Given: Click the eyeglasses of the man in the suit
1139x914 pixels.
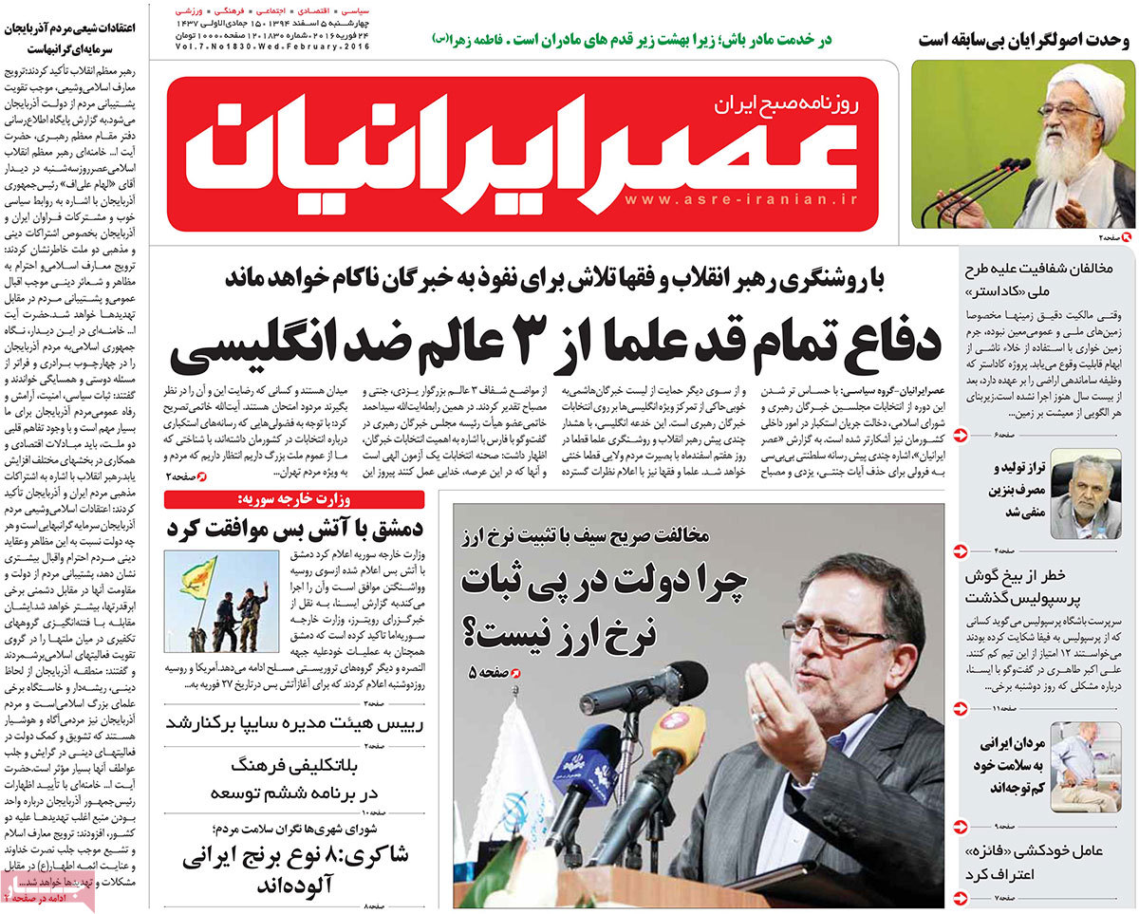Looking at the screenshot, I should (831, 631).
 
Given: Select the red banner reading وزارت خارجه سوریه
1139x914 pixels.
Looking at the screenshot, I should (294, 500).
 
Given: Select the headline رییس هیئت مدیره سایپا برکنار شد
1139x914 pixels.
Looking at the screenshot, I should (294, 723).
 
